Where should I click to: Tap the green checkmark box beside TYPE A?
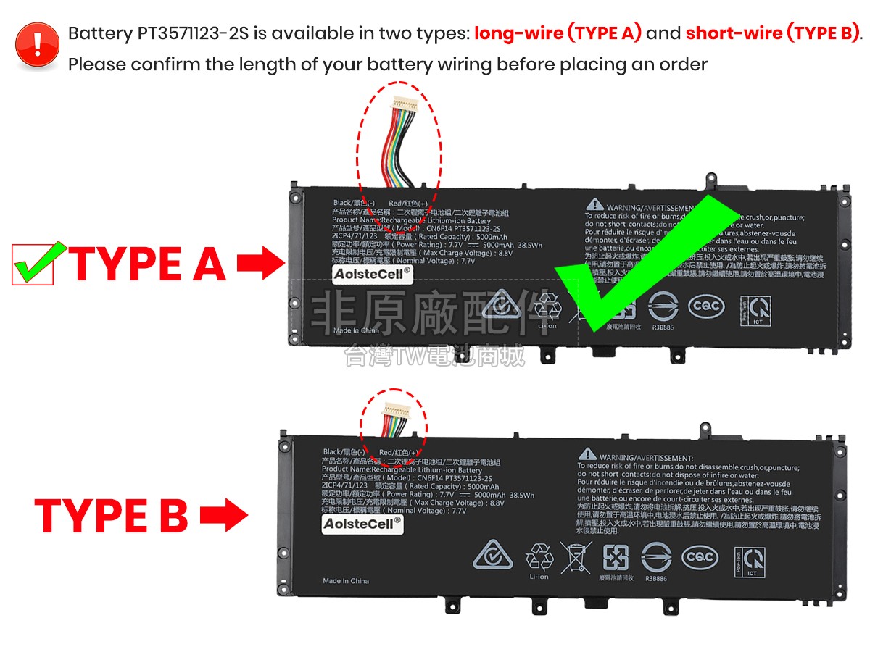tap(33, 264)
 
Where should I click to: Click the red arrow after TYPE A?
tap(260, 264)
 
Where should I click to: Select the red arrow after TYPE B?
tap(223, 517)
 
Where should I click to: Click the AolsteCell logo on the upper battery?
tap(372, 274)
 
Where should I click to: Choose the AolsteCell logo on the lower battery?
tap(362, 524)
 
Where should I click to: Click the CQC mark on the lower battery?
tap(700, 557)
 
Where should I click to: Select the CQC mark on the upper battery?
tap(706, 306)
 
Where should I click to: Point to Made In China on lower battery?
tap(346, 581)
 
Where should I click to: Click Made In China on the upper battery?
tap(356, 330)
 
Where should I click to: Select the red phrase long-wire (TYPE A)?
tap(558, 33)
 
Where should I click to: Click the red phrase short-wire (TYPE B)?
tap(772, 33)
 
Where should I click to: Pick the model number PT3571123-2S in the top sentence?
tap(202, 33)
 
